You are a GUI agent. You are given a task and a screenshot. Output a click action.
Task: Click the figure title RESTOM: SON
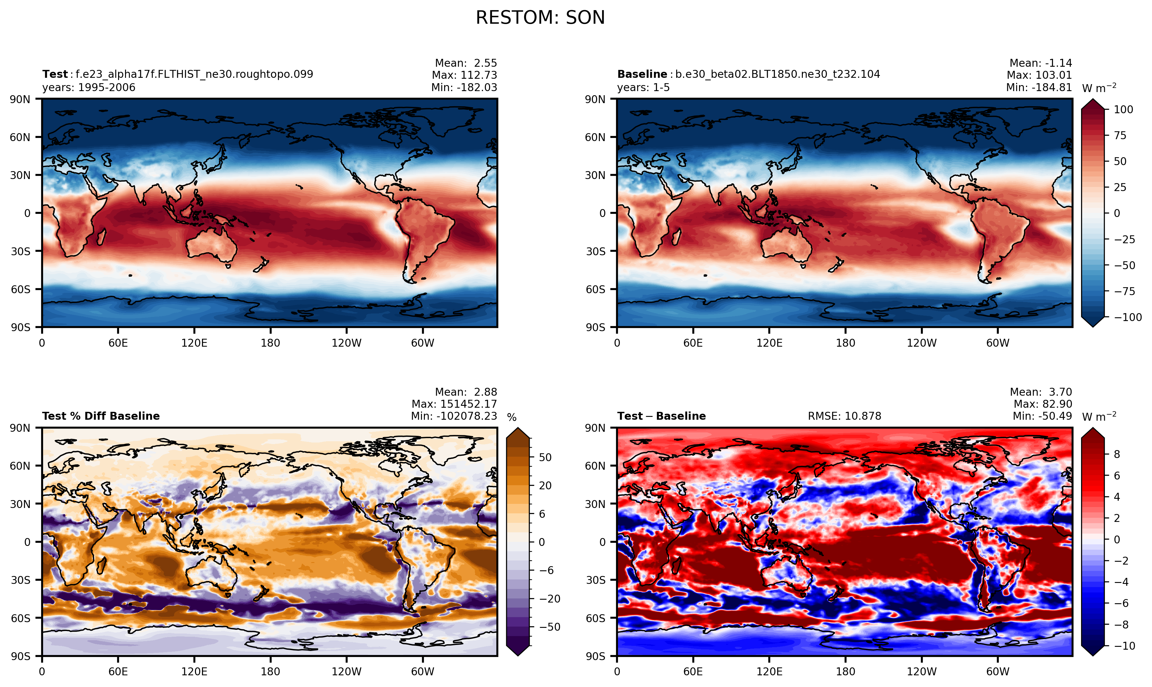click(x=540, y=18)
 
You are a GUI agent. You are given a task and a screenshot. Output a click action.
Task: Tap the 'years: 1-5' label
click(x=643, y=88)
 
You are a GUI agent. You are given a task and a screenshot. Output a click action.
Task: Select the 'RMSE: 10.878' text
click(x=844, y=416)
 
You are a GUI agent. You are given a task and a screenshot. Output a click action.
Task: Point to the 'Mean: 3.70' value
click(x=1041, y=392)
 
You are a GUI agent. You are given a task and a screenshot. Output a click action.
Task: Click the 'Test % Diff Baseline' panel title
click(x=101, y=416)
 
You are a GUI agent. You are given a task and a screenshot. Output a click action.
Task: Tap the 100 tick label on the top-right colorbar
click(x=1123, y=110)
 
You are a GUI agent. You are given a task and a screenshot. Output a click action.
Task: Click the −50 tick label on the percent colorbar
click(x=550, y=627)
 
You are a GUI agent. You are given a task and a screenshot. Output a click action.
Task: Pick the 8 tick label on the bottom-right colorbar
click(x=1117, y=454)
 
